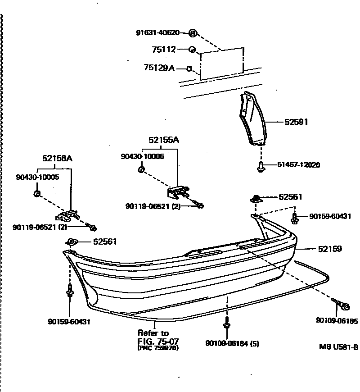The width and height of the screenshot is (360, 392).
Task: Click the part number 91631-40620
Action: pyautogui.click(x=157, y=32)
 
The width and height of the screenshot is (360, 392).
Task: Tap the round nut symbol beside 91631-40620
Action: pyautogui.click(x=193, y=33)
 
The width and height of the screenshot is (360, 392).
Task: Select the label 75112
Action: pyautogui.click(x=163, y=50)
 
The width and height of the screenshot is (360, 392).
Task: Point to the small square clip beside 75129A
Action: pyautogui.click(x=190, y=69)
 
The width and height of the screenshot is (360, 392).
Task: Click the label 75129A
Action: pyautogui.click(x=159, y=68)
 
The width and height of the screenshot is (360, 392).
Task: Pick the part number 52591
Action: pyautogui.click(x=296, y=122)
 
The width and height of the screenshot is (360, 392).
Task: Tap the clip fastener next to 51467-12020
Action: pyautogui.click(x=261, y=167)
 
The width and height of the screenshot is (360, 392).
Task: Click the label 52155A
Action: pyautogui.click(x=164, y=140)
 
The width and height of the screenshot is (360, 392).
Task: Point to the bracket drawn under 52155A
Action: pyautogui.click(x=179, y=192)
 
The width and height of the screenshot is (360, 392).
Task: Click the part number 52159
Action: pyautogui.click(x=329, y=249)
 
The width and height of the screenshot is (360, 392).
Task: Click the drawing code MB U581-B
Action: pyautogui.click(x=338, y=347)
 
